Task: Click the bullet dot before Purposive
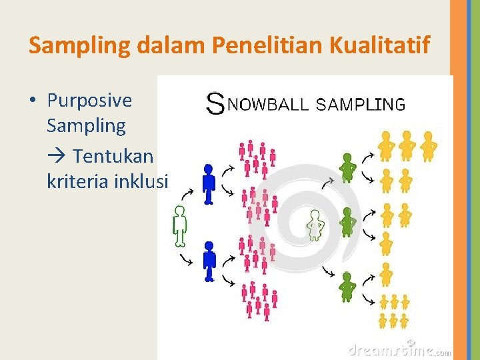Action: [33, 101]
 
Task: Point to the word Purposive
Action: [89, 101]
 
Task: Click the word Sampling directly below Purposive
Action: [86, 125]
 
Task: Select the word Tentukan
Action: [113, 156]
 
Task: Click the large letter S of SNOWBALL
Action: [215, 103]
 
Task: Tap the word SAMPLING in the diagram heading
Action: [360, 104]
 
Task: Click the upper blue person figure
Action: [209, 184]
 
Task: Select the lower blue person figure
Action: [209, 262]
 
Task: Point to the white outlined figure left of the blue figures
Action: [179, 224]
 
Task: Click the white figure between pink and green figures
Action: [315, 225]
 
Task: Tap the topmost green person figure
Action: [347, 167]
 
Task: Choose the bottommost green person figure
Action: [347, 287]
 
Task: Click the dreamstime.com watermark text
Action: [399, 349]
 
